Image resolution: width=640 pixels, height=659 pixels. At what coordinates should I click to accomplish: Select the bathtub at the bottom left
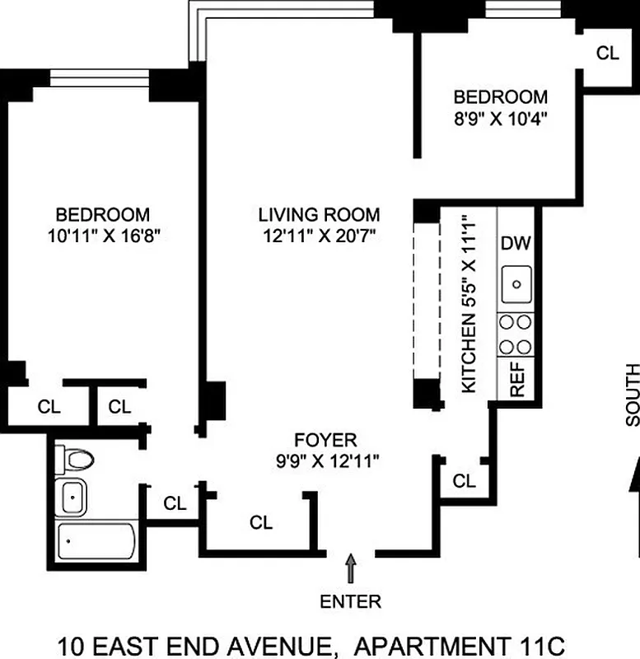[96, 542]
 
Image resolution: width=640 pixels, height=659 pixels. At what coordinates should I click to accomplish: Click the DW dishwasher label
[516, 244]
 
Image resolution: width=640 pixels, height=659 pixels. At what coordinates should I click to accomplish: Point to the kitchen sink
[516, 284]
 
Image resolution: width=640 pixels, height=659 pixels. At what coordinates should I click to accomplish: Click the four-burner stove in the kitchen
[516, 334]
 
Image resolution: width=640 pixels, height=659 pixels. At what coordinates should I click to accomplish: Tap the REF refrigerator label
[518, 380]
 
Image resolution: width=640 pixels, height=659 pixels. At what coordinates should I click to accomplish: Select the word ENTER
[351, 601]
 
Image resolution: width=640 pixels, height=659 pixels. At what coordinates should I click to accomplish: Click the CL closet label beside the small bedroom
[607, 54]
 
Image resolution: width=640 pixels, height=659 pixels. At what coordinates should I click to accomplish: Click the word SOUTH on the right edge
[632, 395]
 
